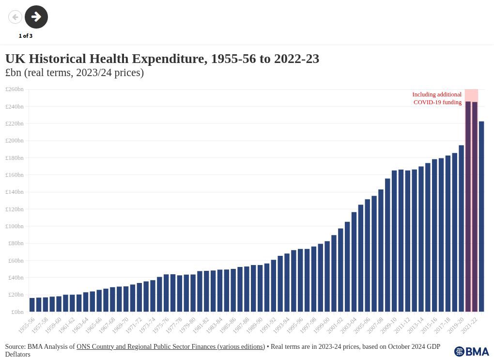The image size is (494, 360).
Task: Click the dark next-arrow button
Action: coord(36,17)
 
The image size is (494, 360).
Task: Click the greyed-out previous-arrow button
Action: coord(15,17)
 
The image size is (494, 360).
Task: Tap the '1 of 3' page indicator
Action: coord(26,36)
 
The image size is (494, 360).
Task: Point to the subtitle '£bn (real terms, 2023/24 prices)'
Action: coord(75,73)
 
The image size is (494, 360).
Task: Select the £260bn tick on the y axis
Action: coord(15,89)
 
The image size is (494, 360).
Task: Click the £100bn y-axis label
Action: coord(15,226)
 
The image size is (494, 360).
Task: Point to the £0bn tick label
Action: coord(17,312)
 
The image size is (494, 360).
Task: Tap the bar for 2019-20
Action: coord(462,228)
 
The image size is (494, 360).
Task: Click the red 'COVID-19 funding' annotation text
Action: coord(437,102)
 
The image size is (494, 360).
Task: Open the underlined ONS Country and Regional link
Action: coord(170,346)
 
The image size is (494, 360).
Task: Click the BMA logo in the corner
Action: coord(471,351)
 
